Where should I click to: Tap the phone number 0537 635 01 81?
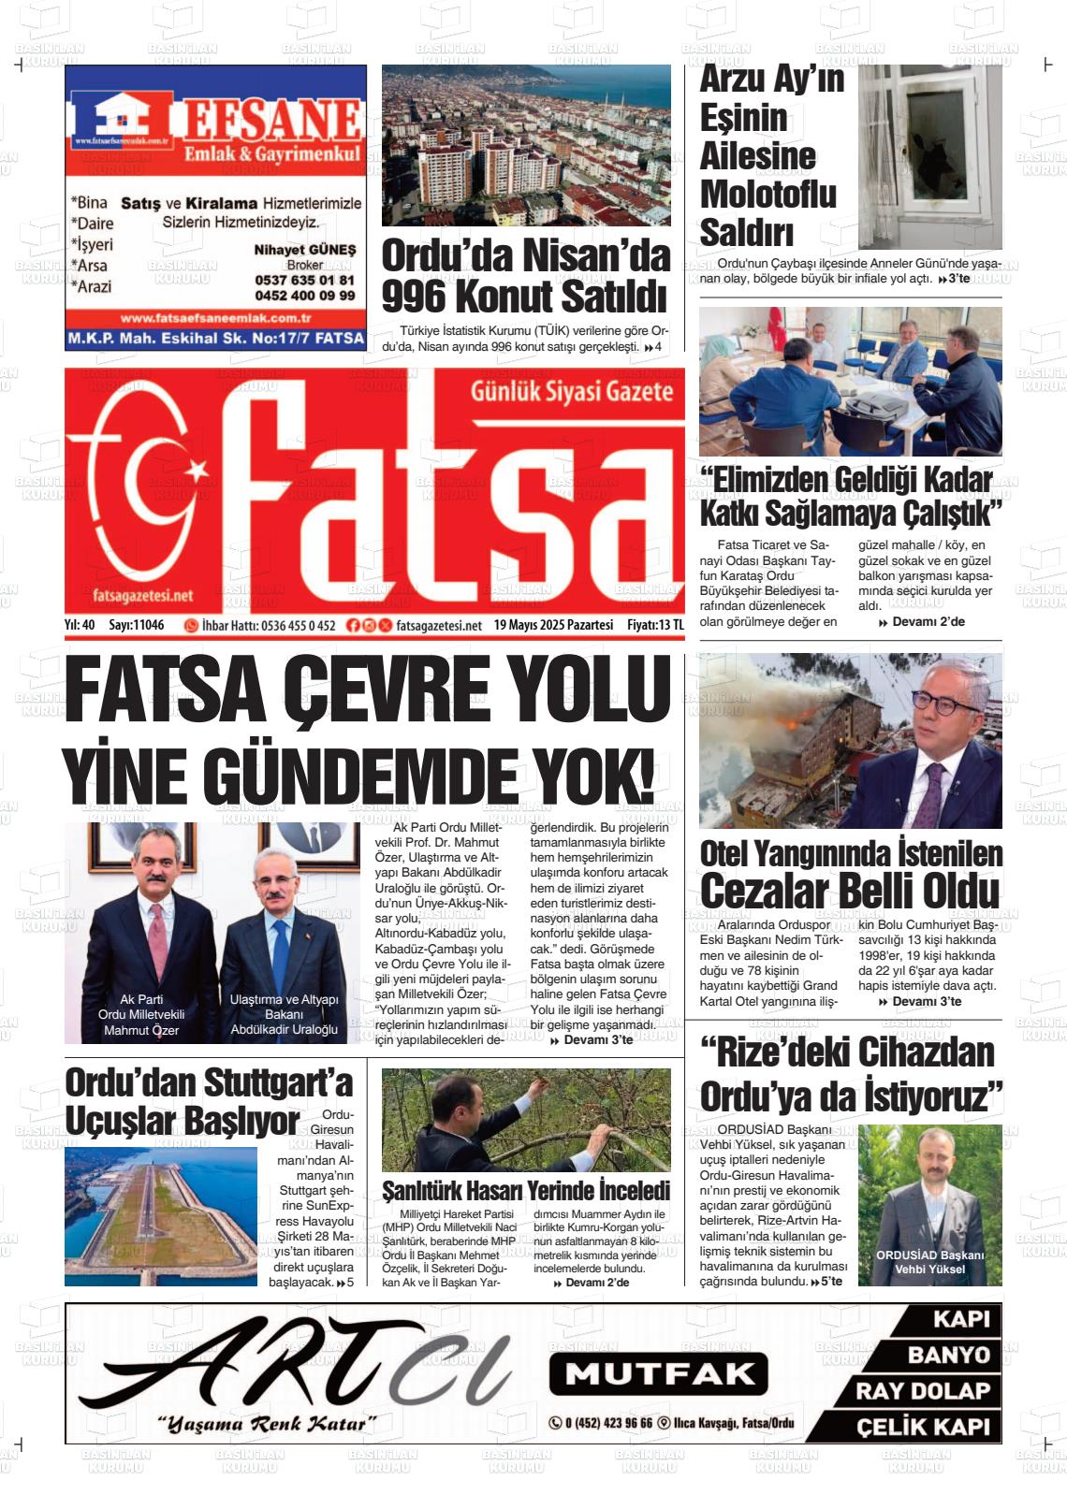[x=304, y=281]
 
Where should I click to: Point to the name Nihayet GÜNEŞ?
[x=305, y=251]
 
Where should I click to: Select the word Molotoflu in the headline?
[x=767, y=194]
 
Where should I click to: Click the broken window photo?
[x=929, y=155]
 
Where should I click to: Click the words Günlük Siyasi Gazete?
[x=571, y=392]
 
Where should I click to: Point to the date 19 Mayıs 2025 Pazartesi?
[x=553, y=625]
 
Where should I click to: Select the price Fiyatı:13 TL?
[x=655, y=625]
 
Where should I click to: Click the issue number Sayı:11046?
[x=137, y=625]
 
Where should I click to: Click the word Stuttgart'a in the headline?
[x=277, y=1082]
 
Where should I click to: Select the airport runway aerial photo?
[x=160, y=1215]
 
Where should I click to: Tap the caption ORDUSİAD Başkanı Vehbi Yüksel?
[x=929, y=1262]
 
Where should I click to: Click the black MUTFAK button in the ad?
[x=658, y=1373]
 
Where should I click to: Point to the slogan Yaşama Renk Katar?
[x=266, y=1425]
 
